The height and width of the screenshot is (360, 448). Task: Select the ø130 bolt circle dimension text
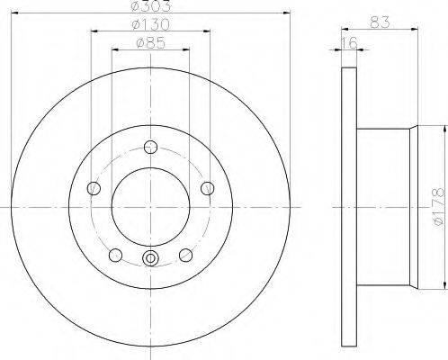151,24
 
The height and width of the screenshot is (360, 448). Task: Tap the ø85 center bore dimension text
151,43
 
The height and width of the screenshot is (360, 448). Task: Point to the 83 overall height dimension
380,22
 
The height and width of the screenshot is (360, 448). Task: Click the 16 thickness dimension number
350,42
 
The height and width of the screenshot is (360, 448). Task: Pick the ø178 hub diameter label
439,206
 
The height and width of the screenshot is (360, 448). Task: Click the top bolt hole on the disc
150,147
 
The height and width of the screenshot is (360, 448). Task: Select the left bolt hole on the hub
94,188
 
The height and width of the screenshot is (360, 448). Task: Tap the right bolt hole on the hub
207,188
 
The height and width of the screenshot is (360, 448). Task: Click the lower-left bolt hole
115,255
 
